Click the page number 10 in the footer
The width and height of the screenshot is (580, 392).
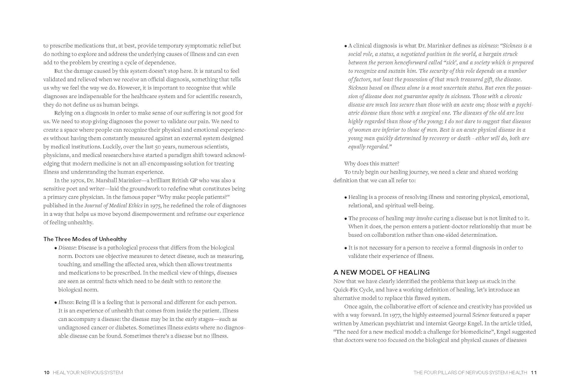pos(46,373)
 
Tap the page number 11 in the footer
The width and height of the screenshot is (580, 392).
pos(534,373)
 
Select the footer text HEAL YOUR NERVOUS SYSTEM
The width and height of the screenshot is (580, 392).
pos(88,373)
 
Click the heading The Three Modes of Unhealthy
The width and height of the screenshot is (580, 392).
pos(85,239)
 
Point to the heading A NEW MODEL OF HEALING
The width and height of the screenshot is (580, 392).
pos(381,272)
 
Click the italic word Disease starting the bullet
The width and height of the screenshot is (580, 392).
pos(67,248)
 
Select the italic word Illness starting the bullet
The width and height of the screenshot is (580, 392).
pos(65,302)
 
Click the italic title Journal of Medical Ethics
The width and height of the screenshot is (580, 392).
pos(113,205)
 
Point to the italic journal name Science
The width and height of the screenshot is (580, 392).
pos(481,315)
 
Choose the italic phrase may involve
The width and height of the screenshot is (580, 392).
pos(419,218)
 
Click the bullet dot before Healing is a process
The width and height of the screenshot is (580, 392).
pos(345,197)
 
